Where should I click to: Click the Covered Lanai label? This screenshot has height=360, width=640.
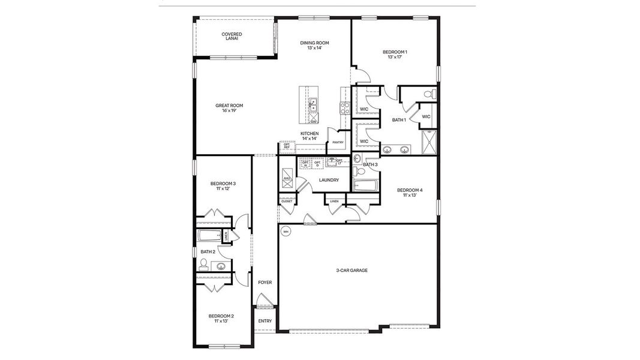(x=232, y=36)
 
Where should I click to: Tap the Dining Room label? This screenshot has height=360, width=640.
(x=315, y=45)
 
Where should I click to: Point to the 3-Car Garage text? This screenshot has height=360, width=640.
(x=351, y=271)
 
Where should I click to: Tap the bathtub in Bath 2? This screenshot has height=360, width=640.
(x=210, y=236)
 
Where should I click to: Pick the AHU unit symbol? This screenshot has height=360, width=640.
(x=287, y=178)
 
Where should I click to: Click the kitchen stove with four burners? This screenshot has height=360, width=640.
(x=345, y=108)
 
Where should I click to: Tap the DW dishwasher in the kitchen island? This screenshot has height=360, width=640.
(x=313, y=120)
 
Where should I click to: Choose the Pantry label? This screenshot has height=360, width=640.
(x=338, y=142)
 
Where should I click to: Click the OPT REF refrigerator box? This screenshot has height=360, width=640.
(x=287, y=146)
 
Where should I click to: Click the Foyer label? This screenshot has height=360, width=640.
(x=265, y=281)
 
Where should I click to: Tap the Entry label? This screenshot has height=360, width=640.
(x=265, y=321)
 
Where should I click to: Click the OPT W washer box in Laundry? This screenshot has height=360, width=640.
(x=306, y=164)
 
